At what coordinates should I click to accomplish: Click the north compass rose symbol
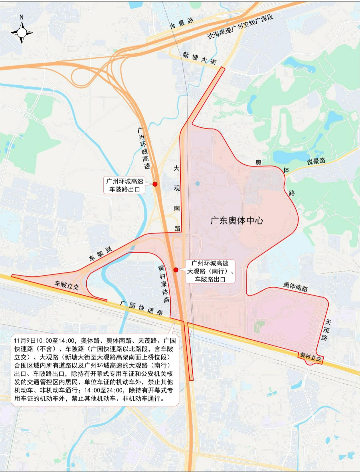[22, 33]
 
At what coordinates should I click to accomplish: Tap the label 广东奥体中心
[237, 221]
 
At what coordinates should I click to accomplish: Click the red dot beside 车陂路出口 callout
[155, 184]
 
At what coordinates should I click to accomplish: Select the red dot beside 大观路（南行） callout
[176, 270]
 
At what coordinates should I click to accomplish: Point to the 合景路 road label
[182, 23]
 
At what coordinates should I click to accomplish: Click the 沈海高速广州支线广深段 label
[240, 26]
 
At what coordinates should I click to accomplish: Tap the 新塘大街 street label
[199, 58]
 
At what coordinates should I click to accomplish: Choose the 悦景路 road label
[316, 162]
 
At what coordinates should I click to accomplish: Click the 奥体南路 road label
[295, 286]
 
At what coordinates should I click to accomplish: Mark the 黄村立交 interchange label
[310, 357]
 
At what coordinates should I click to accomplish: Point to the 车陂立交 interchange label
[67, 285]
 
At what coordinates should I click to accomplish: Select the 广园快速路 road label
[142, 308]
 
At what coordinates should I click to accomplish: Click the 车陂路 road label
[100, 254]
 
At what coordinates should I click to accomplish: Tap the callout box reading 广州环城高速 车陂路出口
[125, 185]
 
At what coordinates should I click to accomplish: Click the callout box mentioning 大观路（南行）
[210, 271]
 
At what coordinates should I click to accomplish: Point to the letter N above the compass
[21, 17]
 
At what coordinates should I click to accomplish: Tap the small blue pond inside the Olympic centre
[198, 184]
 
